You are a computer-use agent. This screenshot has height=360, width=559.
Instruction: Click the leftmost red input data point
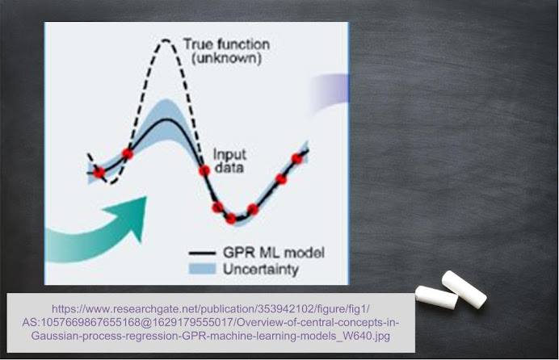click(99, 173)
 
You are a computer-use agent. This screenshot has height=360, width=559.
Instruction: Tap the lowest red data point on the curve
click(231, 218)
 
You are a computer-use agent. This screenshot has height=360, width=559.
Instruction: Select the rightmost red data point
click(296, 159)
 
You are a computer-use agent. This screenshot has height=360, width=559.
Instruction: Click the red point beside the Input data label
click(204, 170)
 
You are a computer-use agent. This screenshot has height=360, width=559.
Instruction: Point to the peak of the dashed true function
click(166, 40)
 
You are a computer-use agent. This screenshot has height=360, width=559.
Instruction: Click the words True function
click(226, 44)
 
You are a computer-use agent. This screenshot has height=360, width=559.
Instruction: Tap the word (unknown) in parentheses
click(227, 58)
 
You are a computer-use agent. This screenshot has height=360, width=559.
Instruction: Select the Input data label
click(229, 161)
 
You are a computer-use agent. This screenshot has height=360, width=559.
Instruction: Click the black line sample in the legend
click(202, 253)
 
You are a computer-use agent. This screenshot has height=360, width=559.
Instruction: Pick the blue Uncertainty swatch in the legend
click(202, 269)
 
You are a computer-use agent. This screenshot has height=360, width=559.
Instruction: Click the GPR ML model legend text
click(273, 253)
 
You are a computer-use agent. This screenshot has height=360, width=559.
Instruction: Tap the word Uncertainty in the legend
click(261, 270)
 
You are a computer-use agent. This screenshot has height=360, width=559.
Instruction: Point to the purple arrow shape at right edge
click(330, 92)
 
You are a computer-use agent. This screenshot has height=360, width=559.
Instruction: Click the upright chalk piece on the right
click(464, 290)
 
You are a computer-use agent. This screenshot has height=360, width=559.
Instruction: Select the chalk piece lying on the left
click(436, 297)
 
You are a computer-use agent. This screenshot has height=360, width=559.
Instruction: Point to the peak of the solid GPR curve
click(166, 119)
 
